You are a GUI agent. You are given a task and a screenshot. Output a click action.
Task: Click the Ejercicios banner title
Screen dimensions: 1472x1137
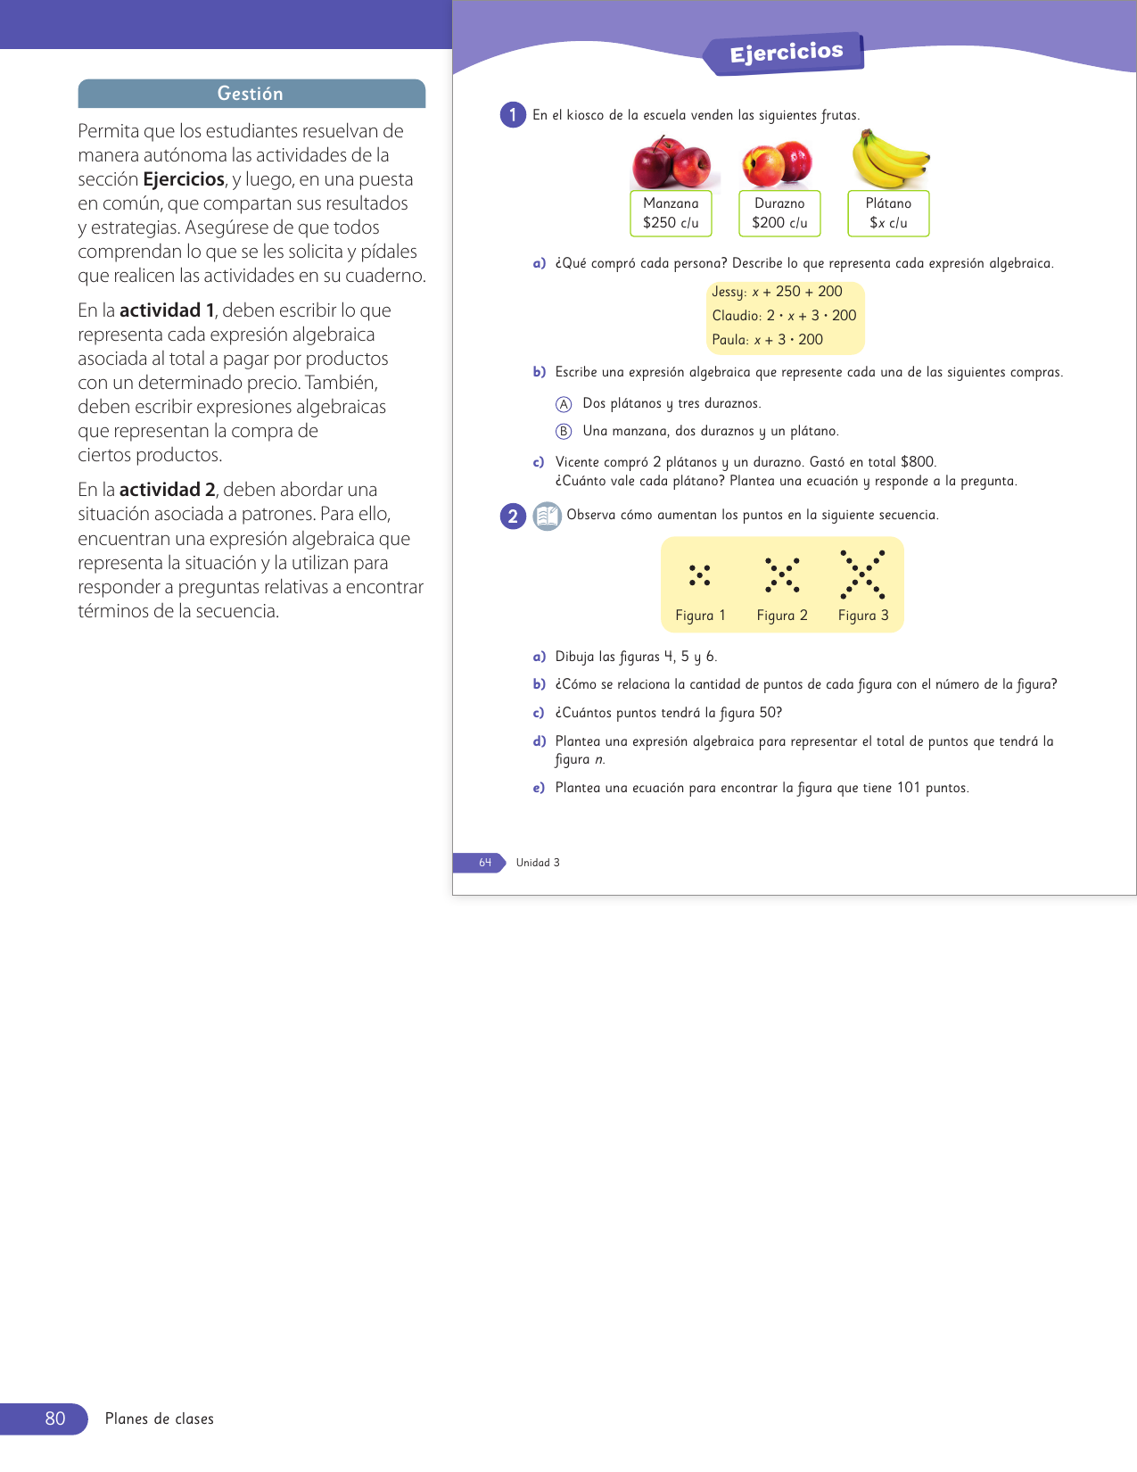786,53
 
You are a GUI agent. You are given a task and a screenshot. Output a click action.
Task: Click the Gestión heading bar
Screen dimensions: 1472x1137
251,94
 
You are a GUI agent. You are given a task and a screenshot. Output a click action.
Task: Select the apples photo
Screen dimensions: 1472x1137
671,162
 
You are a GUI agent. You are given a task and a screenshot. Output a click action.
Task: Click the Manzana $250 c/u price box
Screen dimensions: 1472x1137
671,213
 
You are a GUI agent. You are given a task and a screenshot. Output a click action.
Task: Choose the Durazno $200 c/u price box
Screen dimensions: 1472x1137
779,213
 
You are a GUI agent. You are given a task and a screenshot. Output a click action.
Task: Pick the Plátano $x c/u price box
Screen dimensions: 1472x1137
888,213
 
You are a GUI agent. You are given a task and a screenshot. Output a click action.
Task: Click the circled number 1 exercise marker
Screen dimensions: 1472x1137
513,115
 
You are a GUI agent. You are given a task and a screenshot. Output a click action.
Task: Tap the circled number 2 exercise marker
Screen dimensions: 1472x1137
513,516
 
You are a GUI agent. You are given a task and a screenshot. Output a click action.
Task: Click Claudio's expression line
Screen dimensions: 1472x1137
784,316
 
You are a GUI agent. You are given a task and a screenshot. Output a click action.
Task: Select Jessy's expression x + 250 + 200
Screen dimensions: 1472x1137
777,292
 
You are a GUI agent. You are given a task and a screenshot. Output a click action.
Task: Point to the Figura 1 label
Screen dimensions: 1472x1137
700,616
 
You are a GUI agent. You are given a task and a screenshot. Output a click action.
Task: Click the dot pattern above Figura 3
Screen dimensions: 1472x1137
862,574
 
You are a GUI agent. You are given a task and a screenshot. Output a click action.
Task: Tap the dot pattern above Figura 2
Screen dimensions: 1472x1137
782,575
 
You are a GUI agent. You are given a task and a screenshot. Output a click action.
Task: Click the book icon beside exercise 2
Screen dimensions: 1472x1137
547,516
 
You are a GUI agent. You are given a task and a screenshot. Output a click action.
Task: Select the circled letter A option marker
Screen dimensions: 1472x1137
564,404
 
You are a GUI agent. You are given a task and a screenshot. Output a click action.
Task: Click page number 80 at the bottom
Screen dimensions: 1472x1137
55,1418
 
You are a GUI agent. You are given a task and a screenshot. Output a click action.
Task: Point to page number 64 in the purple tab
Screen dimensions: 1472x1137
485,863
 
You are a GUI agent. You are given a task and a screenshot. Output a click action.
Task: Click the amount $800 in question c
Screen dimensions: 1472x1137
918,462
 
